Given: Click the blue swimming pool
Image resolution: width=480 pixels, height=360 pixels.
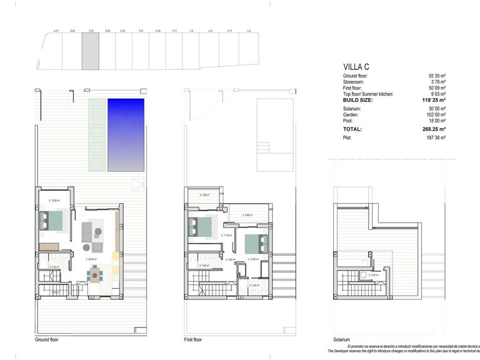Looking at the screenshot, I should pos(126,134).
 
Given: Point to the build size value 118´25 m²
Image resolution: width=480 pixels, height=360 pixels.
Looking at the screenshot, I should pos(434,100).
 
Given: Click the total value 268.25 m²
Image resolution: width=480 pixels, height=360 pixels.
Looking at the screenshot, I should pos(434,129).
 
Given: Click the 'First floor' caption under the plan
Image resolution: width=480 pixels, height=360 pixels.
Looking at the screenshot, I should pos(193,340).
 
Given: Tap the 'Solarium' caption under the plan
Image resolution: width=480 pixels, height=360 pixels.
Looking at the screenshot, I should pos(341,340).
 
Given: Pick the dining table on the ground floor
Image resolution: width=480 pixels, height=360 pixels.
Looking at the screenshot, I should pos(95,273).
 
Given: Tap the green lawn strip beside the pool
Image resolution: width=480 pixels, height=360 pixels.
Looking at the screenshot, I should pos(96,134).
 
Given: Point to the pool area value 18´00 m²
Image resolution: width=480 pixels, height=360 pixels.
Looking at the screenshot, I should pos(435,121).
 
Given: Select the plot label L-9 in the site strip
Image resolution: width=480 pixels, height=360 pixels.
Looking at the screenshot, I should pos(249,31).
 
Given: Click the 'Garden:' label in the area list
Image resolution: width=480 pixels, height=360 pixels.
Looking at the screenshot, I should pos(351,115).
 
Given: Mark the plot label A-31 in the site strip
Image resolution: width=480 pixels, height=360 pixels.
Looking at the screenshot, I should pos(56,31).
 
